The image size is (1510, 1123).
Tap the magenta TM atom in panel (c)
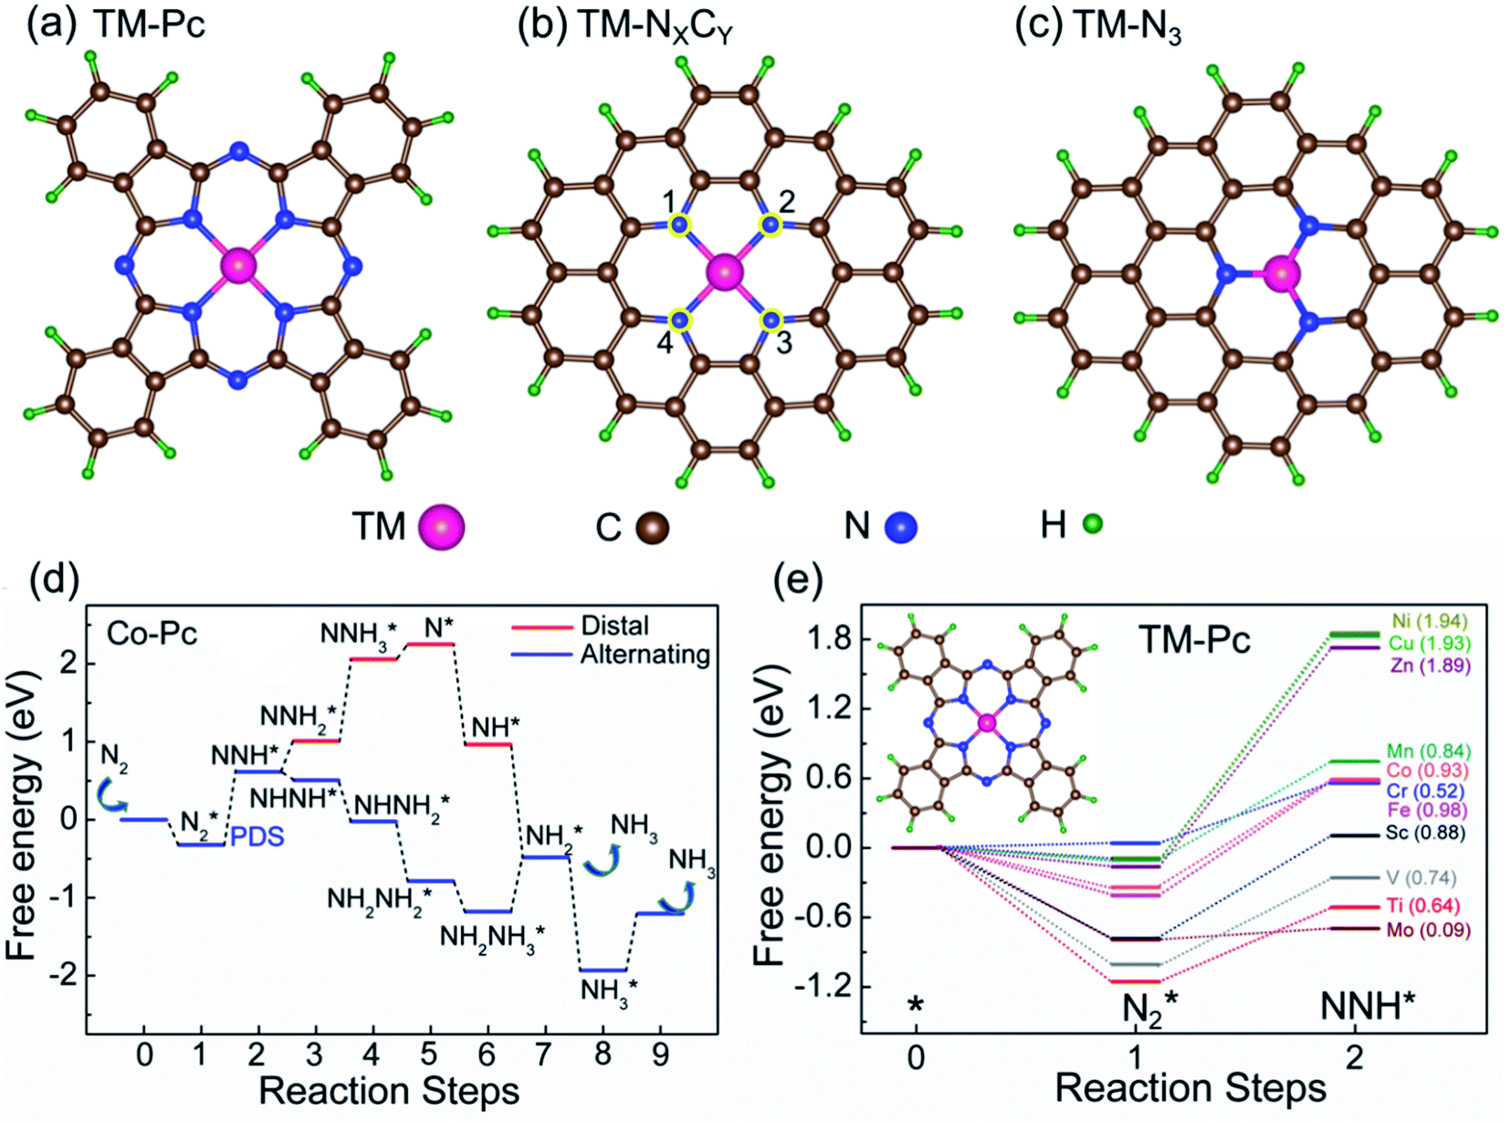pyautogui.click(x=1281, y=273)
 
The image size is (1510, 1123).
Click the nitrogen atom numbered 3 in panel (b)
pyautogui.click(x=772, y=320)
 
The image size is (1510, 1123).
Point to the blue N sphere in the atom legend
pyautogui.click(x=902, y=527)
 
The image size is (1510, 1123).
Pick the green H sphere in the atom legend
pyautogui.click(x=1092, y=524)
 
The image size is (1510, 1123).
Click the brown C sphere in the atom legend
pyautogui.click(x=652, y=528)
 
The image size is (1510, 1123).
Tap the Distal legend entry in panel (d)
pyautogui.click(x=614, y=625)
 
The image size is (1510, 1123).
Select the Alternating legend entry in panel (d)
pyautogui.click(x=645, y=655)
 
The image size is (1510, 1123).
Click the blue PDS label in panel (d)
pyautogui.click(x=257, y=836)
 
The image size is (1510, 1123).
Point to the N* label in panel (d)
pyautogui.click(x=438, y=627)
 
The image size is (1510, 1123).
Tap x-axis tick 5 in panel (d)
pyautogui.click(x=429, y=1055)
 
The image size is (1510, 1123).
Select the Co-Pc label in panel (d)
pyautogui.click(x=152, y=634)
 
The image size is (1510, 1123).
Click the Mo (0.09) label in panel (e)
pyautogui.click(x=1428, y=930)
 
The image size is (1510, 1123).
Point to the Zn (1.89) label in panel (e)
pyautogui.click(x=1430, y=666)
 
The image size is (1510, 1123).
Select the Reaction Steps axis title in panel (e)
pyautogui.click(x=1190, y=1088)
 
